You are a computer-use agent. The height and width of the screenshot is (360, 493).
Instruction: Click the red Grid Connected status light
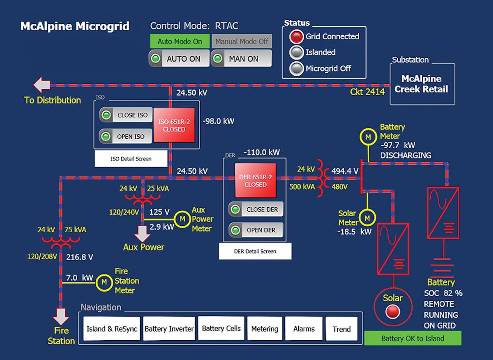click(x=296, y=37)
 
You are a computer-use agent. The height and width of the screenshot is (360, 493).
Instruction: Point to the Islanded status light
click(x=296, y=53)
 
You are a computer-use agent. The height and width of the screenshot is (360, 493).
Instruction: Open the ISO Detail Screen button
click(x=131, y=159)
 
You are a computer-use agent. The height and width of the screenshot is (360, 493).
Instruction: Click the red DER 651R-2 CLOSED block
click(x=256, y=181)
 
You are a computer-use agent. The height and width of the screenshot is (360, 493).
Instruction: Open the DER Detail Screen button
click(x=255, y=251)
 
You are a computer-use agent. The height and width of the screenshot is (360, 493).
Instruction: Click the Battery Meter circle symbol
click(x=368, y=137)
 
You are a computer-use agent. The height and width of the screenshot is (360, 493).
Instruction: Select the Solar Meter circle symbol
click(x=368, y=218)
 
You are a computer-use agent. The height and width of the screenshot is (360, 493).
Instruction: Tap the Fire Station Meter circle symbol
click(x=104, y=282)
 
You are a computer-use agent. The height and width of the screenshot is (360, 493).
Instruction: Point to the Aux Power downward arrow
click(x=143, y=234)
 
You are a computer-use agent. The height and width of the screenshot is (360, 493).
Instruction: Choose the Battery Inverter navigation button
click(x=169, y=329)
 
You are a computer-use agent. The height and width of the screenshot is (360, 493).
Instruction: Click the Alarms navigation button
click(x=304, y=329)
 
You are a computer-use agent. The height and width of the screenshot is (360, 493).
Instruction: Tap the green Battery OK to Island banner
click(x=412, y=339)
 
